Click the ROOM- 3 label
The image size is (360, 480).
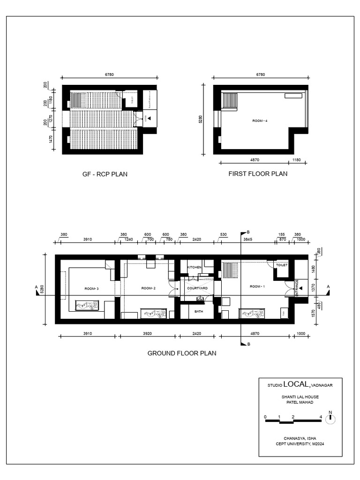91,289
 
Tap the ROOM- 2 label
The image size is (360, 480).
148,289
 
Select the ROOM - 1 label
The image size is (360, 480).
257,286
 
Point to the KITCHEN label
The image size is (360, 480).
195,267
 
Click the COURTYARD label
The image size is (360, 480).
197,289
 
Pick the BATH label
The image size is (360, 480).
199,311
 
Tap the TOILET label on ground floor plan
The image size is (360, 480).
281,265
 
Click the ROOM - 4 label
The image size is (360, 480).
260,120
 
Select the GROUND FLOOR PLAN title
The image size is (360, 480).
182,353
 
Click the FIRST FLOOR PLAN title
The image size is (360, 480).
258,173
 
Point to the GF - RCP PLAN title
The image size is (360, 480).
105,174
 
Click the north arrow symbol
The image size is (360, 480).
330,419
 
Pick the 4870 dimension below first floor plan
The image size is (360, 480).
254,159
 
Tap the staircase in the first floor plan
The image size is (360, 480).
230,101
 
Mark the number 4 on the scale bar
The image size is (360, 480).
321,416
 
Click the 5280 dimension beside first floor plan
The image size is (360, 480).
201,120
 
